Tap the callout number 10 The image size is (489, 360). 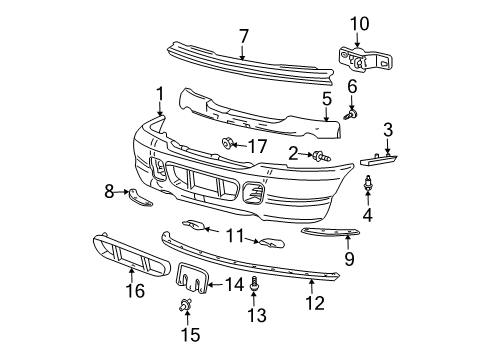point(359,21)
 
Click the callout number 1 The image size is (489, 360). point(158,93)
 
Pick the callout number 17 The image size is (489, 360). point(258,145)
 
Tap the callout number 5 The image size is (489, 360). point(326,99)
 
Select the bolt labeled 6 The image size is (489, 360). point(349,114)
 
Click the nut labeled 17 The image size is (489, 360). point(229,145)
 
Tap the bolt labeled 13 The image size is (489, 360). point(252,283)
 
